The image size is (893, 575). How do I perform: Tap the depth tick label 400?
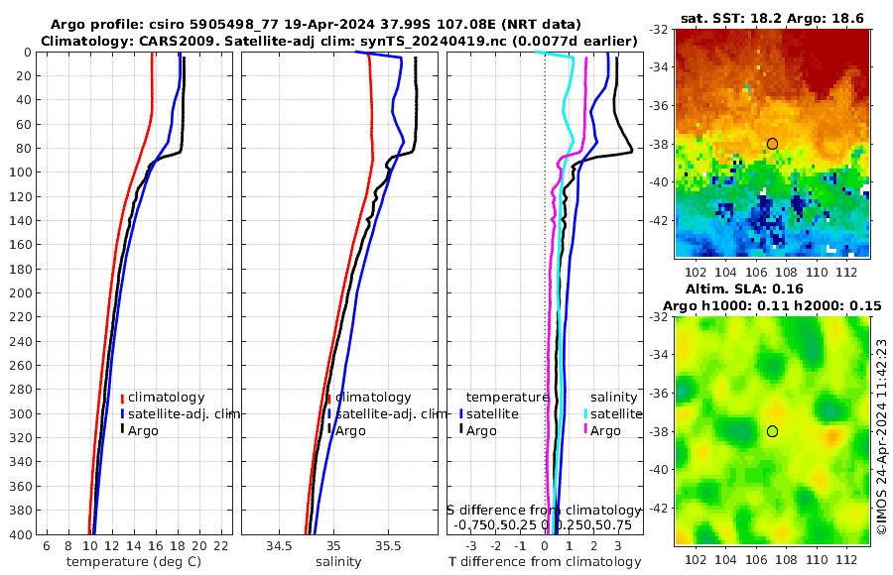point(21,534)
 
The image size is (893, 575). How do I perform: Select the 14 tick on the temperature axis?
point(134,546)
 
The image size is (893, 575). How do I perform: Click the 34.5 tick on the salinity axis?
point(279,546)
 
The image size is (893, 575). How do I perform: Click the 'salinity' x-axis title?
point(337,562)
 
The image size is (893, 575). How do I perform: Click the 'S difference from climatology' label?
point(544,510)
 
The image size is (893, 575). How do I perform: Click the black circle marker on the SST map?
point(772,144)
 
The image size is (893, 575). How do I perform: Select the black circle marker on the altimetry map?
point(772,431)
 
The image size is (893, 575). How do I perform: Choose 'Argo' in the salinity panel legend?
point(350,430)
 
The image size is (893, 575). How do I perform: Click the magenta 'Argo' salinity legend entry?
point(605,430)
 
